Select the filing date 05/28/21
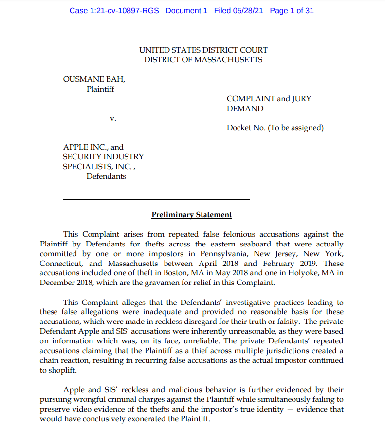tap(247, 10)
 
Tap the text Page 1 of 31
tap(291, 10)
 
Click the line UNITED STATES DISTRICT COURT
tap(203, 50)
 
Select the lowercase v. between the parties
tap(113, 118)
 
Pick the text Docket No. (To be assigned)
tap(275, 128)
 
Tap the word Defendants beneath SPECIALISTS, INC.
tap(106, 176)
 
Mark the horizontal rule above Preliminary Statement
tap(156, 199)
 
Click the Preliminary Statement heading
tap(192, 215)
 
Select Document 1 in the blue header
tap(186, 10)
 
